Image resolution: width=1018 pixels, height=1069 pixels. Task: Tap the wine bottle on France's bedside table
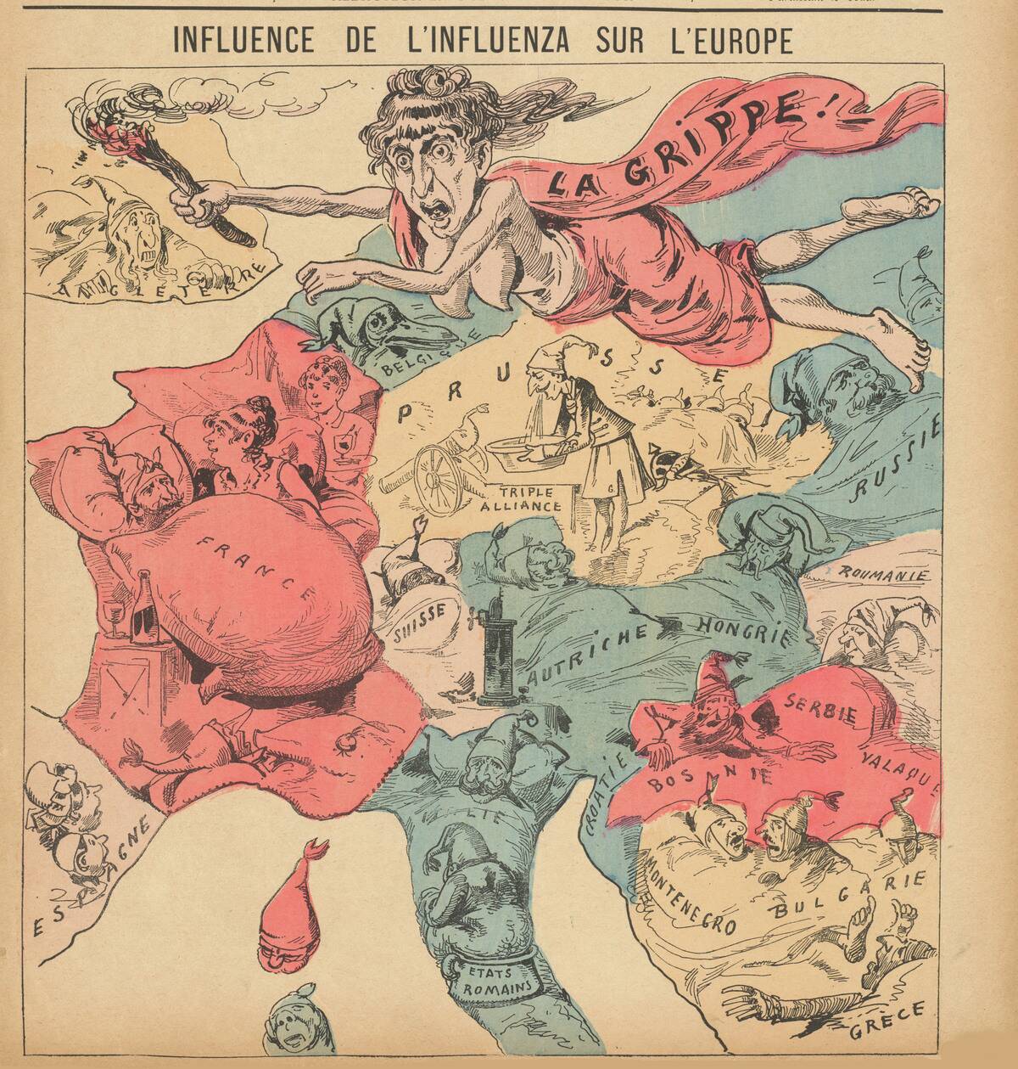pyautogui.click(x=146, y=606)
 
